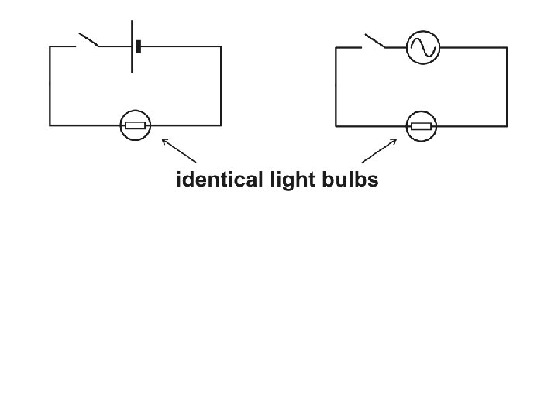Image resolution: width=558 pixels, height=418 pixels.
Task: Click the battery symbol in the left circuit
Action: point(136,46)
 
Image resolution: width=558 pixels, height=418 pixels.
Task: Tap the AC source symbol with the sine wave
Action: point(423,47)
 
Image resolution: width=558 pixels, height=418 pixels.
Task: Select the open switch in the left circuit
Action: point(88,40)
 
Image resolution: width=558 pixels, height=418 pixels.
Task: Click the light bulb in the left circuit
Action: point(136,125)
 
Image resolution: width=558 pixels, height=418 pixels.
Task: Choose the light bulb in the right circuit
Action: point(422,125)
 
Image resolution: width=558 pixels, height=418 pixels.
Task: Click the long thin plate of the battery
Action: point(132,46)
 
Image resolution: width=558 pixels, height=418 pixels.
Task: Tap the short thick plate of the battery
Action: point(139,46)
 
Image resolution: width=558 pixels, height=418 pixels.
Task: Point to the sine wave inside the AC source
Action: point(423,47)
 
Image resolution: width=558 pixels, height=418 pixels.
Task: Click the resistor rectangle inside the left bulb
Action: point(136,125)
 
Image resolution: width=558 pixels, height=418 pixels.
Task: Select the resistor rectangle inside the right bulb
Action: point(422,125)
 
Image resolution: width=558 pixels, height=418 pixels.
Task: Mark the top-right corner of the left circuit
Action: point(221,46)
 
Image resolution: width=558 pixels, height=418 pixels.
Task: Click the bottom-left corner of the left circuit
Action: point(50,125)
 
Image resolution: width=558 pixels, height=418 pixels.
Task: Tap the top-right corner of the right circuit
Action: point(508,47)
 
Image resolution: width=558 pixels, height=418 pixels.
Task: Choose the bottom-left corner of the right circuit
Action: point(336,125)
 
